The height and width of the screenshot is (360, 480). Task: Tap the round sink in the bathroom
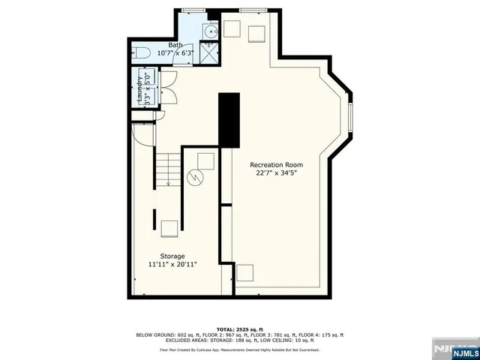click(211, 31)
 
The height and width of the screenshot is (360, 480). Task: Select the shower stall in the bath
click(211, 52)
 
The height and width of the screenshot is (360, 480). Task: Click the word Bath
click(175, 45)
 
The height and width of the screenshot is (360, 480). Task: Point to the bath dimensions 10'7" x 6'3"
click(175, 52)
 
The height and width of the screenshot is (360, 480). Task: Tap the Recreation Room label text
click(277, 164)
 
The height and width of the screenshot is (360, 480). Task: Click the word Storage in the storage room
click(172, 256)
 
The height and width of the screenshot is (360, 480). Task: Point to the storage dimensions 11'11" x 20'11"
click(172, 264)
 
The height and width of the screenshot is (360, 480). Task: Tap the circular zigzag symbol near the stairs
click(195, 178)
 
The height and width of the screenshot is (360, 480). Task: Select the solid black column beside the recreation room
click(229, 120)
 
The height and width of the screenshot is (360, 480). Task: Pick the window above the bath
click(194, 10)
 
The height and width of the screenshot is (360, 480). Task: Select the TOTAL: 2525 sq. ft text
click(239, 329)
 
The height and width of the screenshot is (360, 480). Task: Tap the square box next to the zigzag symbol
click(205, 160)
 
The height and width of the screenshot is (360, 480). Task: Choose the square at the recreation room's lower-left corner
click(245, 272)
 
